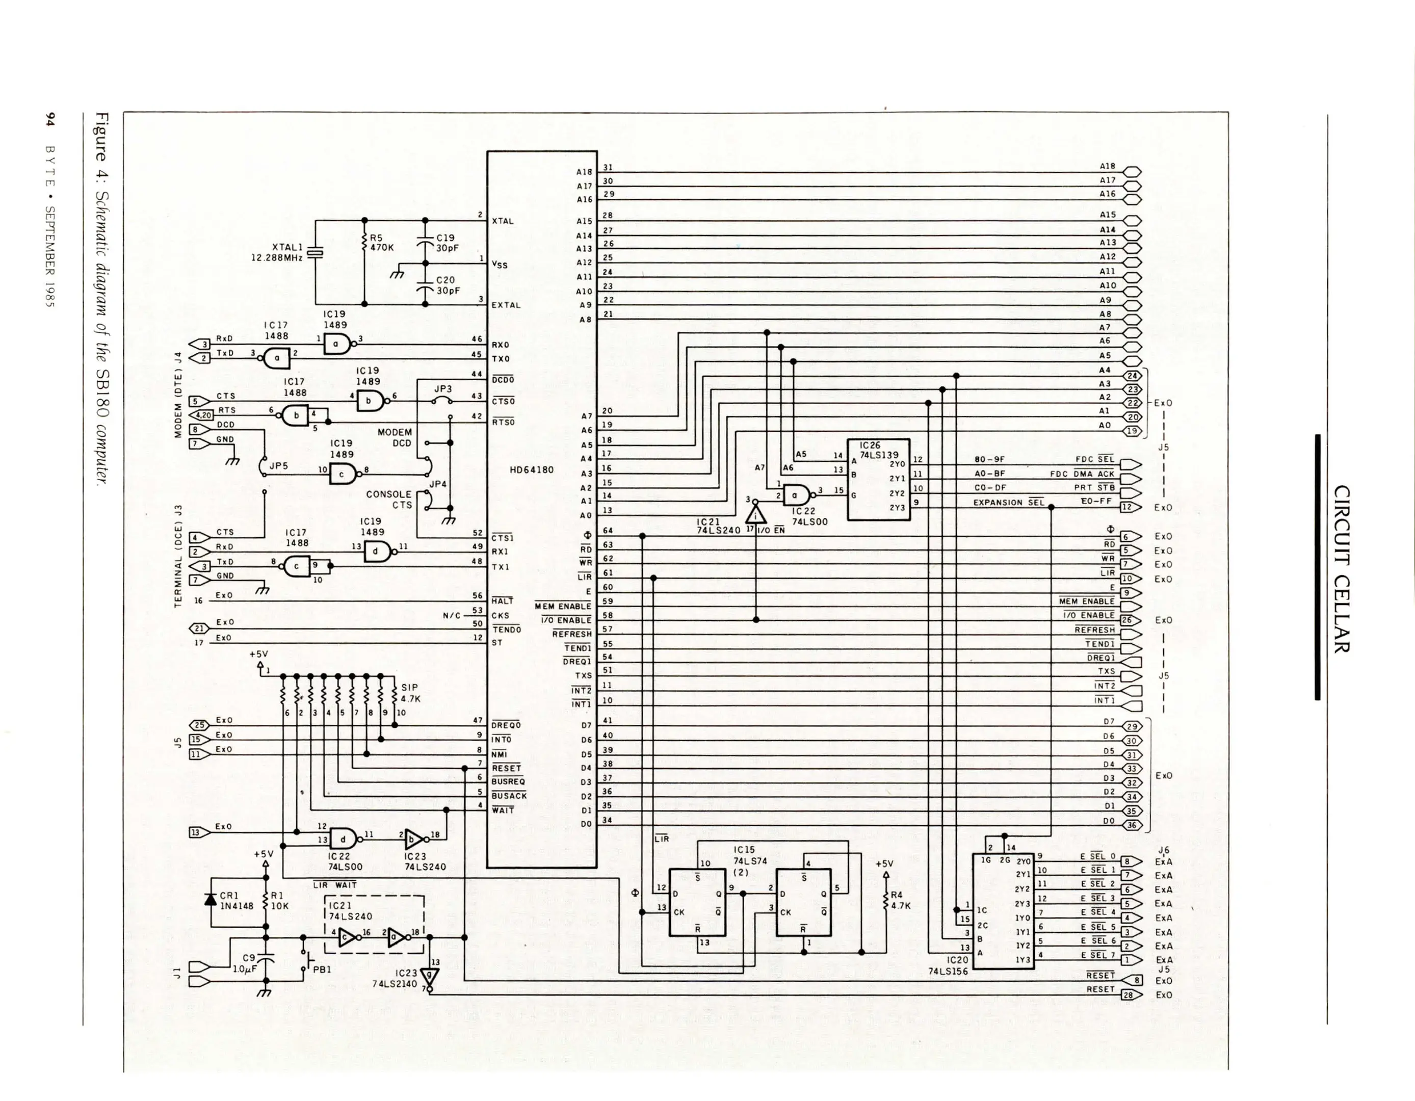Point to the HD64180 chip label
531,469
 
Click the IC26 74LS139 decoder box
879,480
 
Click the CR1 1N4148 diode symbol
210,900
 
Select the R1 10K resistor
265,901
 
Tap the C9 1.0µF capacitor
265,957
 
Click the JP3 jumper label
442,389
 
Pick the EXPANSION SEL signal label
1008,502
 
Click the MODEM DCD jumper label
395,437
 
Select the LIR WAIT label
334,884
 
